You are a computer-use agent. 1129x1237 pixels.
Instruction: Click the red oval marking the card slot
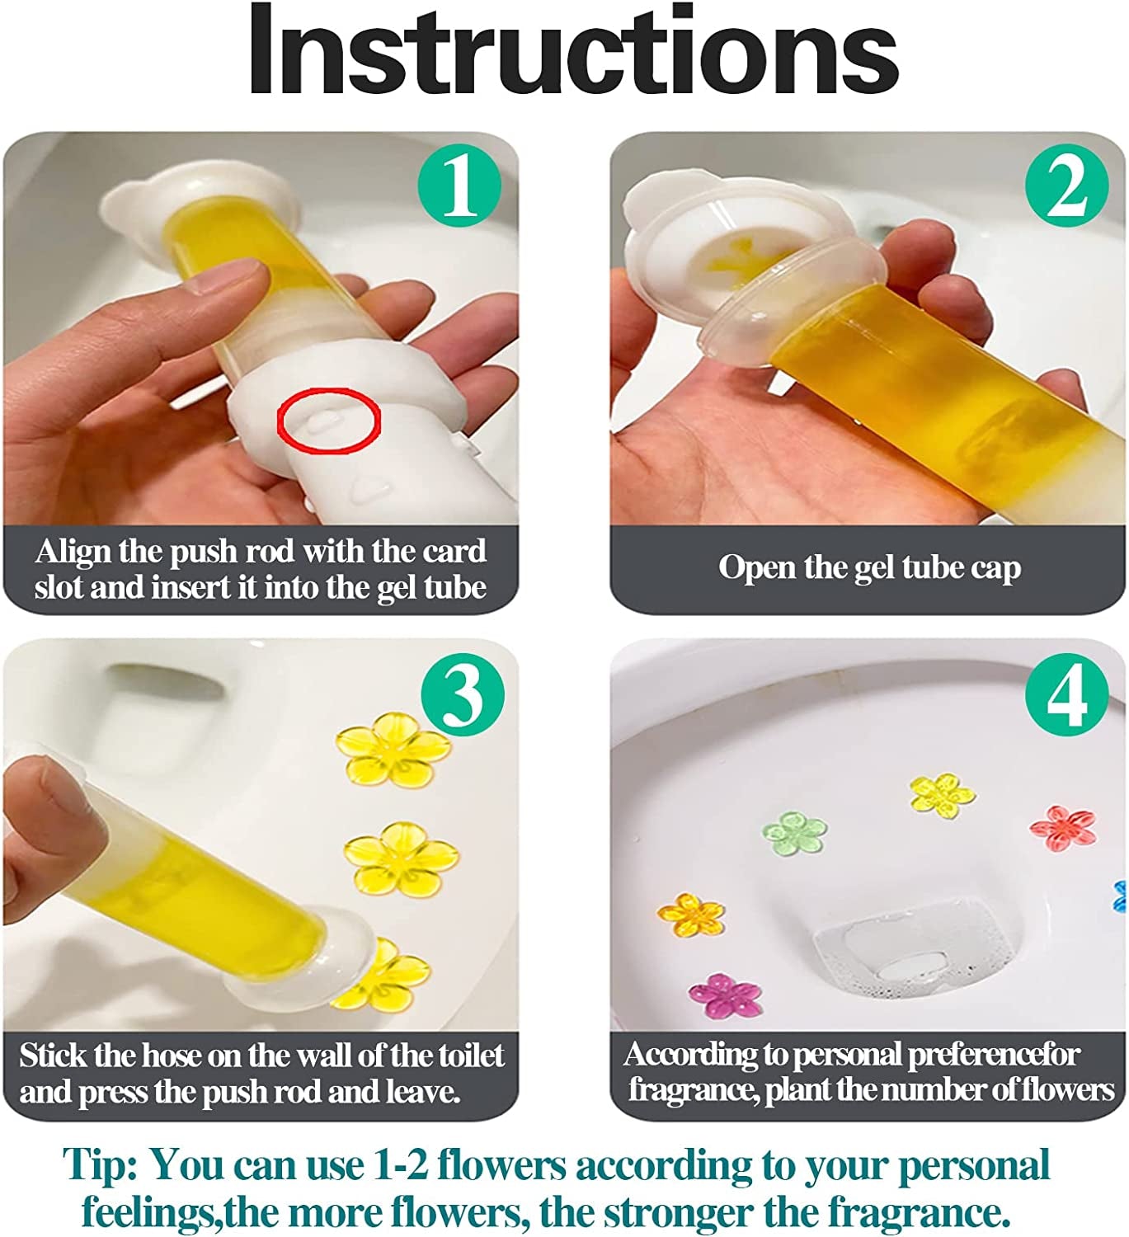point(328,421)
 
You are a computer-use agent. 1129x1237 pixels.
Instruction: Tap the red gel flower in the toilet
point(1063,828)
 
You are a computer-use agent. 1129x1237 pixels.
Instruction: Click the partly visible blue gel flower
point(1121,896)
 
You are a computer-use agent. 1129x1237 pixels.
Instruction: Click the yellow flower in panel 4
point(942,795)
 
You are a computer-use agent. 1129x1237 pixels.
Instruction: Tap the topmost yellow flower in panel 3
point(394,749)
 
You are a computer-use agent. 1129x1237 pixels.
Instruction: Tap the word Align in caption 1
point(73,551)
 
